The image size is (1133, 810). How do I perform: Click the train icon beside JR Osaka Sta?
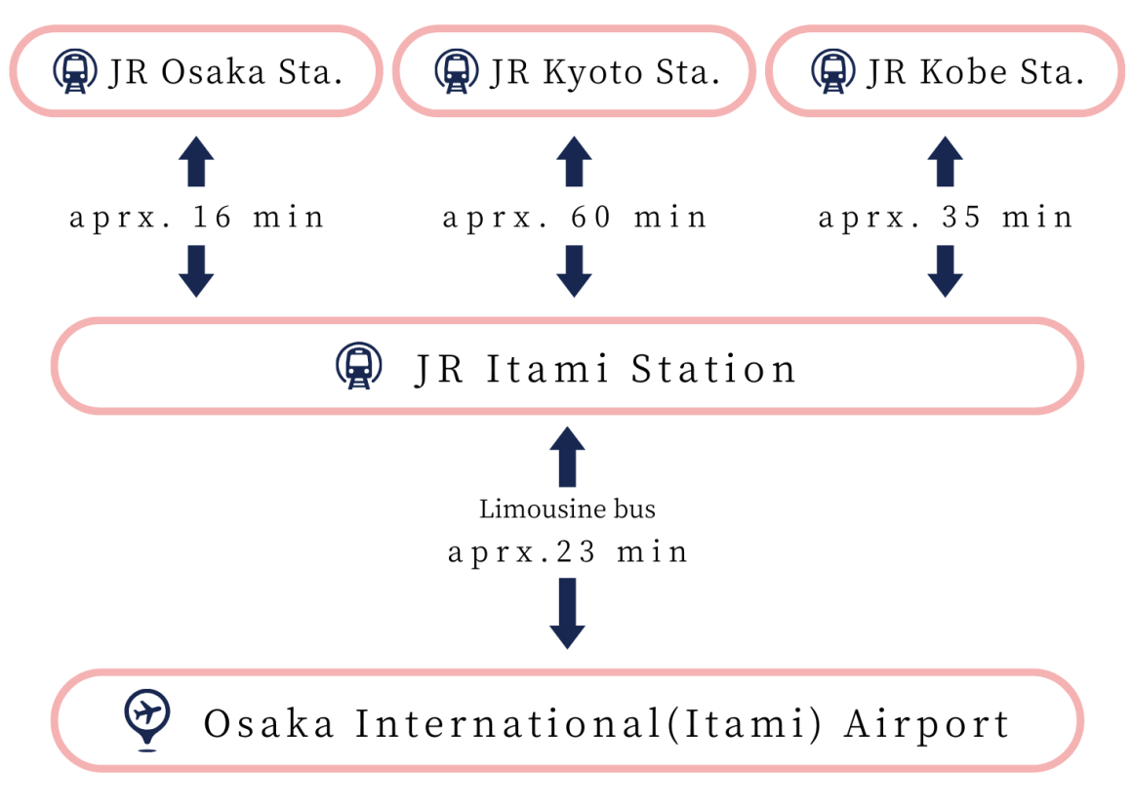click(x=75, y=71)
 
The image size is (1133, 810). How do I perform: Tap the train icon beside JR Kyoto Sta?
click(x=455, y=71)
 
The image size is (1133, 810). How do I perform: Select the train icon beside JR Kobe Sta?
click(x=831, y=71)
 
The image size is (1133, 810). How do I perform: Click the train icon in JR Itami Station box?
click(x=359, y=367)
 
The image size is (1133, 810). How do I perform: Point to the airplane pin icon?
click(x=147, y=719)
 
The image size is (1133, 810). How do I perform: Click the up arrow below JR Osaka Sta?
click(x=196, y=161)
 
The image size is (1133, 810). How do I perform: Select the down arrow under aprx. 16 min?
click(x=196, y=270)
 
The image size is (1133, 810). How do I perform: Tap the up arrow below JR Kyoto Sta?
click(x=574, y=161)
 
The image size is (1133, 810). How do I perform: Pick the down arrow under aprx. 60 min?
click(x=574, y=270)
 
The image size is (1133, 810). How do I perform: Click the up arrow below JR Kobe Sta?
click(x=945, y=161)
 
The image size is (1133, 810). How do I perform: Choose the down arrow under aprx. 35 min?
click(x=945, y=270)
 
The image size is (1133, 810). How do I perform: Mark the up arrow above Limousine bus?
click(x=567, y=458)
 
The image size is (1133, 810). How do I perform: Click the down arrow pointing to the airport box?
click(x=567, y=613)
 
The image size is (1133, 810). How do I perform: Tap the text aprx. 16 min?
click(x=196, y=217)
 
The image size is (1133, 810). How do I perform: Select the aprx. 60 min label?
click(x=575, y=217)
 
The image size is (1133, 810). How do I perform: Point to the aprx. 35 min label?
click(x=946, y=217)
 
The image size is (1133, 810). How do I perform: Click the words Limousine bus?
click(x=567, y=508)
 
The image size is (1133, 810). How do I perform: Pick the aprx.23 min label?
click(x=568, y=552)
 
